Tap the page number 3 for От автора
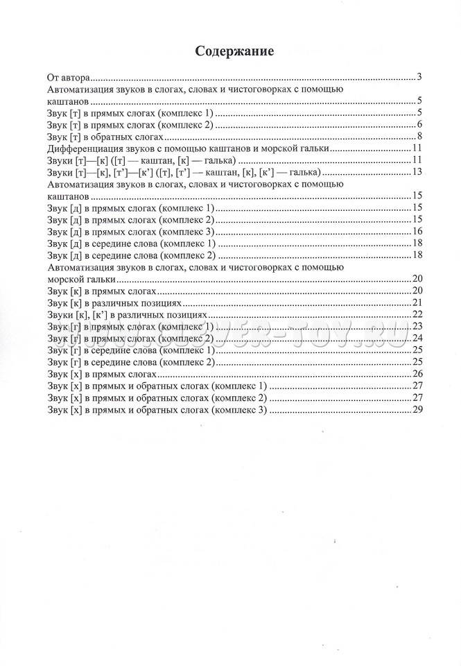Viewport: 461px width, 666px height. pyautogui.click(x=420, y=76)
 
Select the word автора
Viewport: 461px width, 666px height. pyautogui.click(x=77, y=77)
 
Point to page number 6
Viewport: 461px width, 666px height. pyautogui.click(x=420, y=124)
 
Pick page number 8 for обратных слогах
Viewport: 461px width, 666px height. pyautogui.click(x=420, y=136)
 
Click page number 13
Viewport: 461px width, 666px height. pyautogui.click(x=417, y=172)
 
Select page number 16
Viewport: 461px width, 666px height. pyautogui.click(x=417, y=231)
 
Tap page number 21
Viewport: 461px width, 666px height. pyautogui.click(x=417, y=302)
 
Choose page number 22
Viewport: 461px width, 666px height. pyautogui.click(x=417, y=314)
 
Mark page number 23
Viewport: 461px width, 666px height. pyautogui.click(x=417, y=326)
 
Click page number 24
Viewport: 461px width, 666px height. pyautogui.click(x=417, y=338)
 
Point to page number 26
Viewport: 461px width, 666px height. pyautogui.click(x=417, y=374)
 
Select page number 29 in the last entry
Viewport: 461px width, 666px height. pyautogui.click(x=417, y=410)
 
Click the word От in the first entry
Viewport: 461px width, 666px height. pyautogui.click(x=53, y=77)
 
